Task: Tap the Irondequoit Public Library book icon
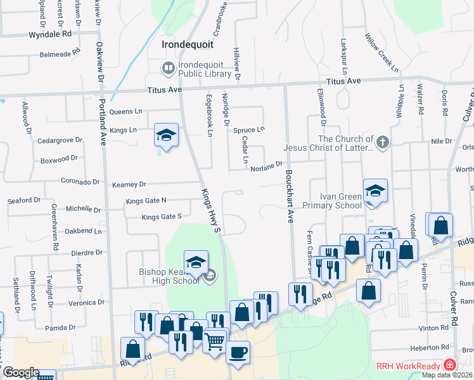click(x=169, y=68)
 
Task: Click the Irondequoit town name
click(x=187, y=45)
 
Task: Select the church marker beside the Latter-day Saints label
click(x=382, y=143)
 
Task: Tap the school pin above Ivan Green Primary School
click(x=375, y=191)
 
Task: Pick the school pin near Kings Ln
click(x=166, y=135)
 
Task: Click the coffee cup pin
click(x=238, y=353)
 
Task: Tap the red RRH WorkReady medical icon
click(x=449, y=365)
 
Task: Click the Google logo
click(x=21, y=372)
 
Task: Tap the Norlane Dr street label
click(x=266, y=167)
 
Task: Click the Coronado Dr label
click(x=80, y=181)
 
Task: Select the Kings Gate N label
click(x=146, y=201)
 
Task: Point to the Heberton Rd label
click(x=428, y=346)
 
